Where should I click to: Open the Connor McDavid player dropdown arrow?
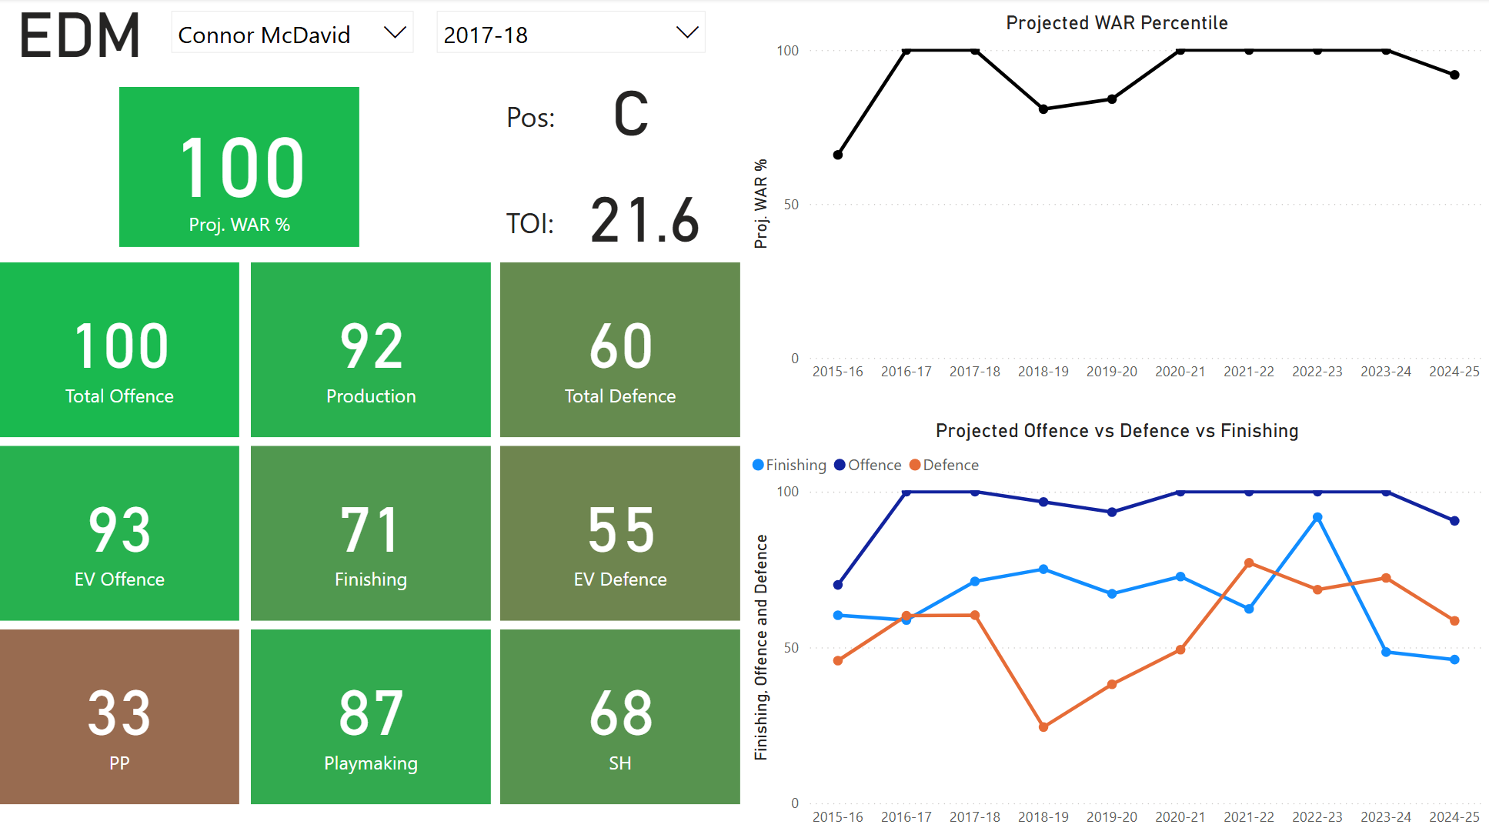tap(395, 33)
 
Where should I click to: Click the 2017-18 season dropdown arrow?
tap(686, 33)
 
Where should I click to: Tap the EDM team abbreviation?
tap(79, 36)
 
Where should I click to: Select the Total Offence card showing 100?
tap(119, 350)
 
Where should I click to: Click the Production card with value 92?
tap(371, 350)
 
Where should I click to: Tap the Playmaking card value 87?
tap(371, 713)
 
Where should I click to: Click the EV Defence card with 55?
tap(620, 533)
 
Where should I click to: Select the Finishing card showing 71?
tap(371, 533)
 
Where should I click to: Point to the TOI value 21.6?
tap(645, 221)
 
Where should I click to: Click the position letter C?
tap(631, 115)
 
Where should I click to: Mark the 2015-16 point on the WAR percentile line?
tap(838, 155)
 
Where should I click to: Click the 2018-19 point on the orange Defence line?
tap(1043, 726)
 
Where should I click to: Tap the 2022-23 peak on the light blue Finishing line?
tap(1317, 518)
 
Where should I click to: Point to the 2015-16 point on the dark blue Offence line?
tap(838, 585)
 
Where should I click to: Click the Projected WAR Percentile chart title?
tap(1117, 23)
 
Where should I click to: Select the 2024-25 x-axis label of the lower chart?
tap(1454, 816)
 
